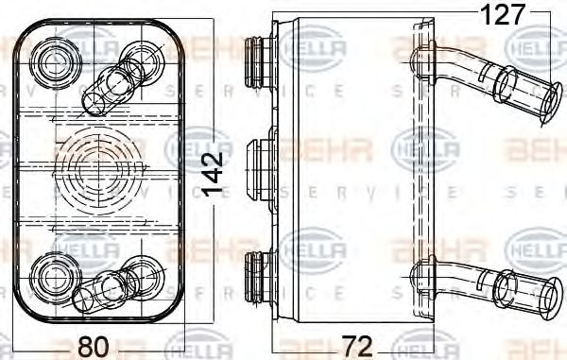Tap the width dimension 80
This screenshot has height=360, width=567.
[93, 346]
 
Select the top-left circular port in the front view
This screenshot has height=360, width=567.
[51, 63]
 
